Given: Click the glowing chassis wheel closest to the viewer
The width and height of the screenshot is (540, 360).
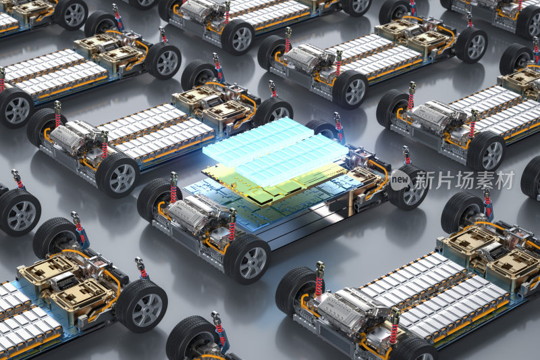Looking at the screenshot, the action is [247, 259].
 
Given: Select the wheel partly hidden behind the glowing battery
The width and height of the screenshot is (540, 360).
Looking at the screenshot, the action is [322, 128].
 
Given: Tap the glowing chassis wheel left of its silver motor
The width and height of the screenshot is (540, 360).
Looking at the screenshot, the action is [156, 200].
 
